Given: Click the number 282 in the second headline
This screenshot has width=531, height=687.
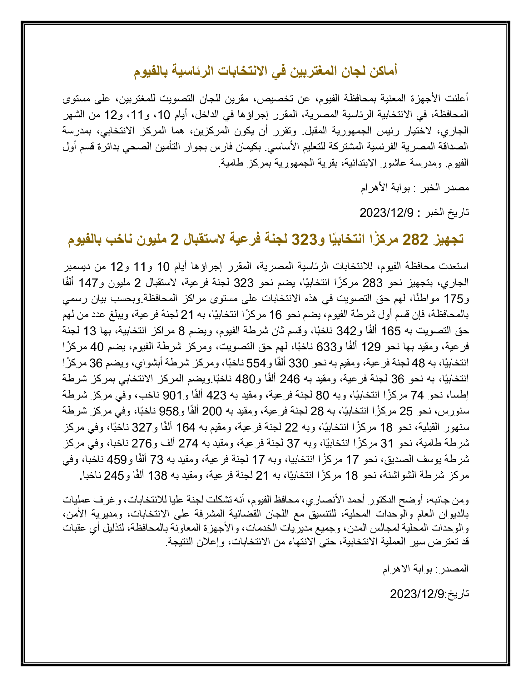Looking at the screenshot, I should coord(415,240).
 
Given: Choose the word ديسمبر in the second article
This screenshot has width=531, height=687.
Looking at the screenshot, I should coord(77,267).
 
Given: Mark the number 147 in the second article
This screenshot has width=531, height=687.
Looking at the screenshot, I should coord(88,283).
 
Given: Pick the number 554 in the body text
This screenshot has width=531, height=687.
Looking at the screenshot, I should coord(256,363).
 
